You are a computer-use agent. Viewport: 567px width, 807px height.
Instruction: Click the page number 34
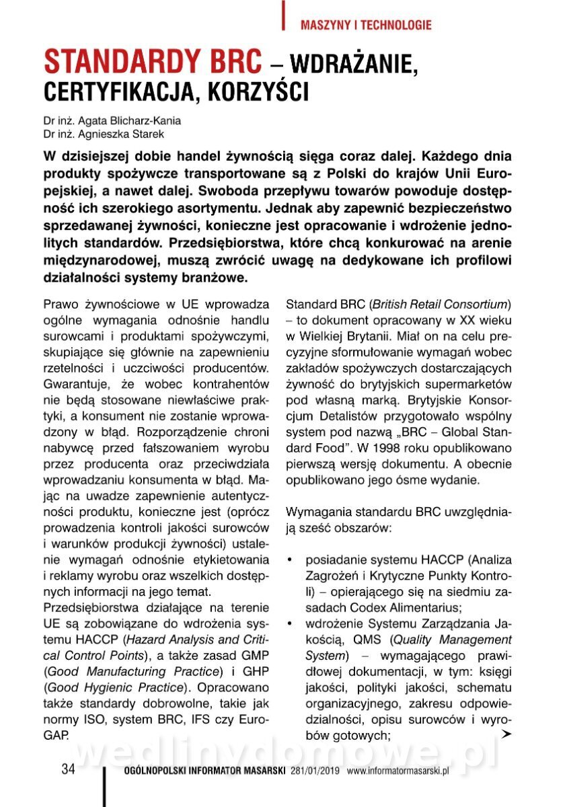(x=68, y=769)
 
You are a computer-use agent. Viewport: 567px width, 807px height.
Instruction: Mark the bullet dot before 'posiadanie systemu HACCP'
(x=289, y=560)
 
